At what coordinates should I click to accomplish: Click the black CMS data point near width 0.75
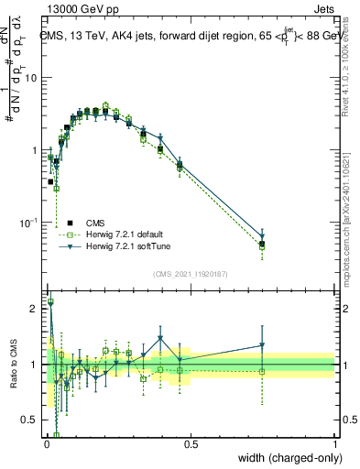262,244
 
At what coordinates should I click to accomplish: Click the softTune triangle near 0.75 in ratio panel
262,346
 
